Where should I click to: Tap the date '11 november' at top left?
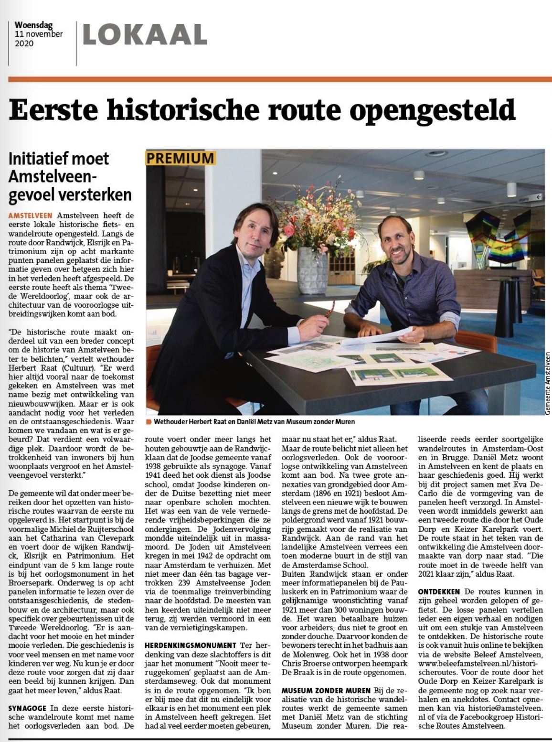(39, 34)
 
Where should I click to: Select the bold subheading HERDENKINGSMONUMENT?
(191, 645)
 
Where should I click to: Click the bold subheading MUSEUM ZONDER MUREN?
(326, 690)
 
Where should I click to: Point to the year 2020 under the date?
(24, 43)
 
